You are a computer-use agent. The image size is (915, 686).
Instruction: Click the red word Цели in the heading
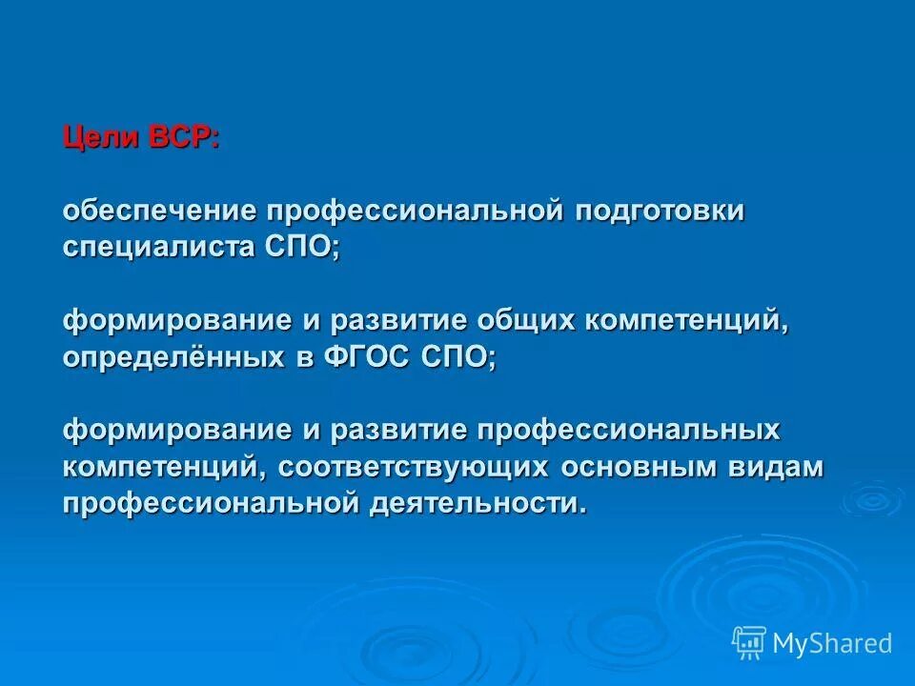(101, 138)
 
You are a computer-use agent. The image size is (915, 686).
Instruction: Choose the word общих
(528, 320)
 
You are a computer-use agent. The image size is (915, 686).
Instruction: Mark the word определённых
(169, 357)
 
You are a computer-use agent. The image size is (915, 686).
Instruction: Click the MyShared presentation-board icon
(749, 643)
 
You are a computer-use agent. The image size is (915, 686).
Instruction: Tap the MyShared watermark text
(832, 643)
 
